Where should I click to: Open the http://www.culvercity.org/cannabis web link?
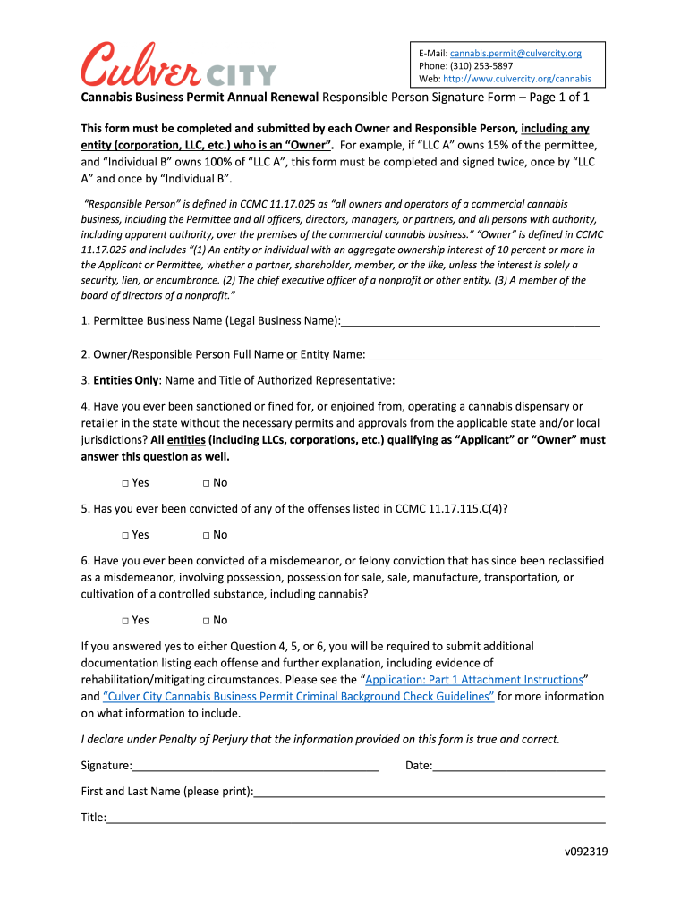(x=517, y=78)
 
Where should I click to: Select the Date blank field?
(x=519, y=767)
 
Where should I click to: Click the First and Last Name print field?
(x=430, y=793)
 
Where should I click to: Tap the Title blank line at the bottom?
(x=356, y=818)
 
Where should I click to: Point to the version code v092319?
(x=585, y=852)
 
